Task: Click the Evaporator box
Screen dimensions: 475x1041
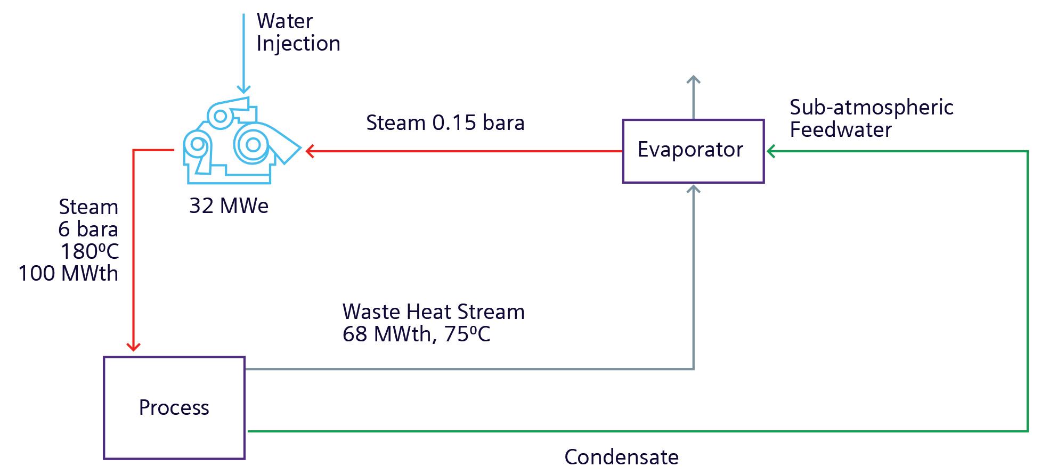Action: pyautogui.click(x=693, y=151)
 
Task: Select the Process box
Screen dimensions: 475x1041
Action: pyautogui.click(x=174, y=407)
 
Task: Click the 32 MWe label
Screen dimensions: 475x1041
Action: pyautogui.click(x=229, y=206)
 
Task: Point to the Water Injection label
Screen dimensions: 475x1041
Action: pyautogui.click(x=298, y=32)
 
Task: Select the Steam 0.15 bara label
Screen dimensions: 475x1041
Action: pyautogui.click(x=445, y=123)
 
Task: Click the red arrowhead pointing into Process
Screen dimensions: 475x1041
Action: pyautogui.click(x=133, y=346)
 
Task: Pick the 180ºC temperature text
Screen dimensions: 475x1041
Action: pyautogui.click(x=89, y=251)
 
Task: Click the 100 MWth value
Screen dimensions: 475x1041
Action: pyautogui.click(x=68, y=274)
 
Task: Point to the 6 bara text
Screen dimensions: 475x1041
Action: pyautogui.click(x=88, y=229)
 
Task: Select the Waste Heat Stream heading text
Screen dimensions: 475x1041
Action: pyautogui.click(x=433, y=312)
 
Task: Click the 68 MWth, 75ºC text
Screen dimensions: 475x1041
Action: pyautogui.click(x=416, y=334)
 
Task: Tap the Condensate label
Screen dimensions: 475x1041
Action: pyautogui.click(x=621, y=457)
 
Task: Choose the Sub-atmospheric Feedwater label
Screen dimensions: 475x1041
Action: pyautogui.click(x=871, y=118)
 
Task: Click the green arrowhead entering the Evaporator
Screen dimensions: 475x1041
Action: pyautogui.click(x=771, y=152)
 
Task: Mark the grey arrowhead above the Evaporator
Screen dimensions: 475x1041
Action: pyautogui.click(x=693, y=80)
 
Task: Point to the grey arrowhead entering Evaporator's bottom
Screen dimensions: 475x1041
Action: pyautogui.click(x=693, y=189)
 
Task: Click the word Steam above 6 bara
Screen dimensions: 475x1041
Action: pyautogui.click(x=88, y=207)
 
